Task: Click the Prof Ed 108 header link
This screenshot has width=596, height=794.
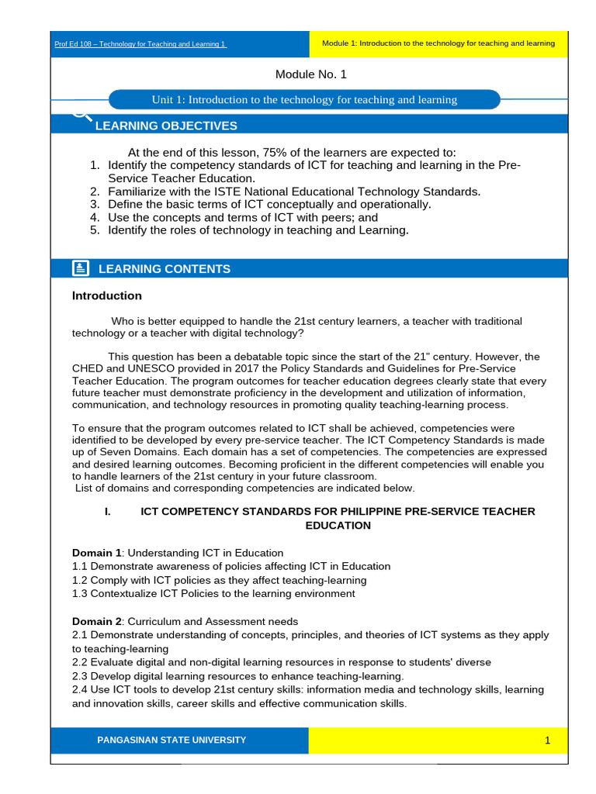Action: pos(140,44)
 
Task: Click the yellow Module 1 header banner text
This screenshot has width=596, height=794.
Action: pos(438,43)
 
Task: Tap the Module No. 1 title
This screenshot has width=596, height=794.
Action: pos(311,74)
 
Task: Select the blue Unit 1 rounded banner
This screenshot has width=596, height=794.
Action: pos(304,100)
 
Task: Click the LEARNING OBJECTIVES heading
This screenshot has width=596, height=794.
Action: pos(165,126)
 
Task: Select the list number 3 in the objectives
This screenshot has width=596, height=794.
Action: pos(95,204)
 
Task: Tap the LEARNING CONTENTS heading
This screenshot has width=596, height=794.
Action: pos(164,269)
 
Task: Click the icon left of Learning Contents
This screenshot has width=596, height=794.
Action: pos(80,268)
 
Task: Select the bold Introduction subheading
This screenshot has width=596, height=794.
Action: pos(107,295)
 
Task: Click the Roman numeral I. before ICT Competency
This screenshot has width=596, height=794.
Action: pos(107,512)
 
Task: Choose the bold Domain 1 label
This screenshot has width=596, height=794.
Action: pos(96,553)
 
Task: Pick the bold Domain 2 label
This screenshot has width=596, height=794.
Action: pos(96,621)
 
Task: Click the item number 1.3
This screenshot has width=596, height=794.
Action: pos(80,593)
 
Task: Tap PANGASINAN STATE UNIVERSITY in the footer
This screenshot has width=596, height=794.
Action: pos(171,740)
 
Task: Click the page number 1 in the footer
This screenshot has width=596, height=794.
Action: pos(547,740)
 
